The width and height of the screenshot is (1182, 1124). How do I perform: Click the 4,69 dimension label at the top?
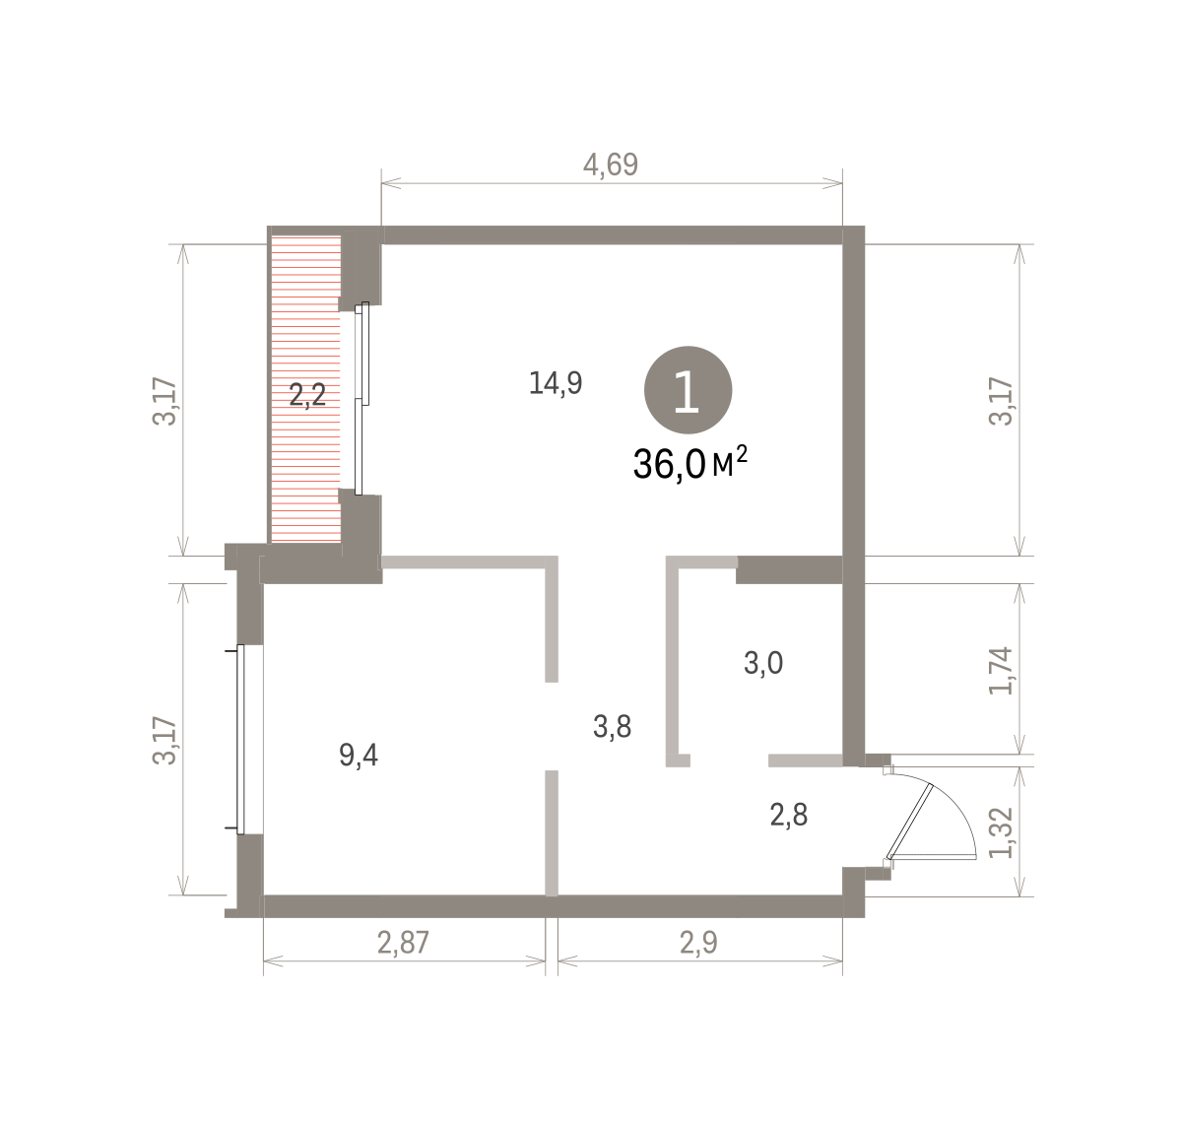611,165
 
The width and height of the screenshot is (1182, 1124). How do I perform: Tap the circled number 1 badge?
688,390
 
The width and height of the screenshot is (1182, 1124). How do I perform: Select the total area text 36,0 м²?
689,464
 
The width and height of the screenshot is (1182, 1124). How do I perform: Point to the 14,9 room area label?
556,383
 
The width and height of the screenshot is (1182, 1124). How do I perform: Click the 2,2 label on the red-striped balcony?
308,395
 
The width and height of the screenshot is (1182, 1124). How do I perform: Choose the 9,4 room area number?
359,755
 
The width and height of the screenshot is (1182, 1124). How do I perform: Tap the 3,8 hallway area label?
612,726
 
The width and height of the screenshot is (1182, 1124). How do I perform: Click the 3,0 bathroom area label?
763,663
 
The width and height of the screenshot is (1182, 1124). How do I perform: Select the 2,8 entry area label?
789,815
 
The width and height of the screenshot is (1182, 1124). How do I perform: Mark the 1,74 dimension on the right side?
1001,671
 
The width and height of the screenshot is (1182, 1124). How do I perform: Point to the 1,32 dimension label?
1001,832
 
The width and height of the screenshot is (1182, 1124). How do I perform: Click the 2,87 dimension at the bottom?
403,943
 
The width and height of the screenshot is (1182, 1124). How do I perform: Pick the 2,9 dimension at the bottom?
698,943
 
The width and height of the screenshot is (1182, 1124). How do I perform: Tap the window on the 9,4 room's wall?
241,740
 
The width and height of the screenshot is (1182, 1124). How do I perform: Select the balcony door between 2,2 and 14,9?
361,399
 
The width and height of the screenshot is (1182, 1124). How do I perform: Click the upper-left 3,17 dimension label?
164,401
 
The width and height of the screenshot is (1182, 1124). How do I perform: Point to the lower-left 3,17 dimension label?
164,741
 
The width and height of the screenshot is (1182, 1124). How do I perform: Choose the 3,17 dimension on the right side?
1001,401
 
